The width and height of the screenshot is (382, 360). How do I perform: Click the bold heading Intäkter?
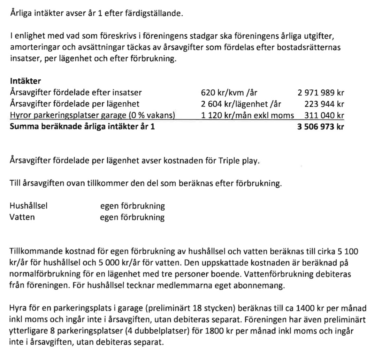25,81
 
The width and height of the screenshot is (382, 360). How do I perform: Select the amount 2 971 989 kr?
321,93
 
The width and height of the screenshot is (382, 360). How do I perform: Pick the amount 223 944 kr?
324,104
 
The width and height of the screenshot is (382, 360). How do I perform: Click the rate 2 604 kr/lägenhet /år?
241,104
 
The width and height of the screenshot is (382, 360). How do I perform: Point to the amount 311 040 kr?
324,115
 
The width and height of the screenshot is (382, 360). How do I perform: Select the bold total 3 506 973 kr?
321,126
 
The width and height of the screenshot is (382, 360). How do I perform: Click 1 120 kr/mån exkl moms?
247,115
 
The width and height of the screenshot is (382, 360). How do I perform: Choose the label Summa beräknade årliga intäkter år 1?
83,126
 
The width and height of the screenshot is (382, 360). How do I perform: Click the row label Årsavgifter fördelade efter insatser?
76,93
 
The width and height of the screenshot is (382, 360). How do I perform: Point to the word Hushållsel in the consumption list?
29,206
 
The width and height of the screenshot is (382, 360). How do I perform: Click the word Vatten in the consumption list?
23,217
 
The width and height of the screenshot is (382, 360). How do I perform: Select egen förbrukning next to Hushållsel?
132,206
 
